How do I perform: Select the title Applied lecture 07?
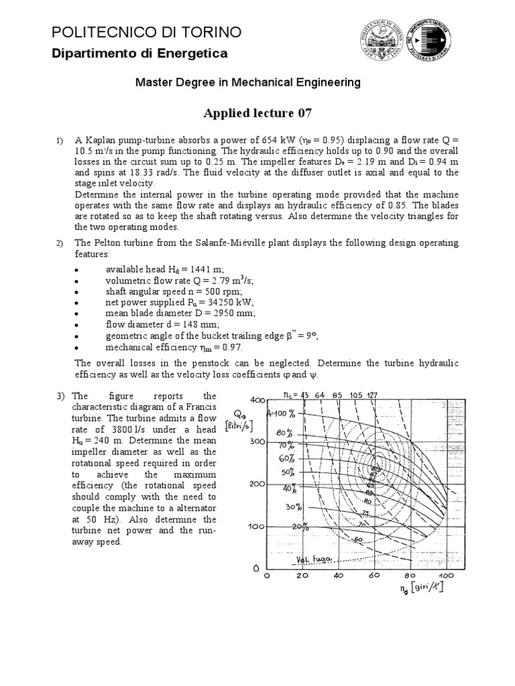(257, 112)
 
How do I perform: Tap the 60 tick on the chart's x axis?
(374, 575)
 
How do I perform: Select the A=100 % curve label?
(284, 413)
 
